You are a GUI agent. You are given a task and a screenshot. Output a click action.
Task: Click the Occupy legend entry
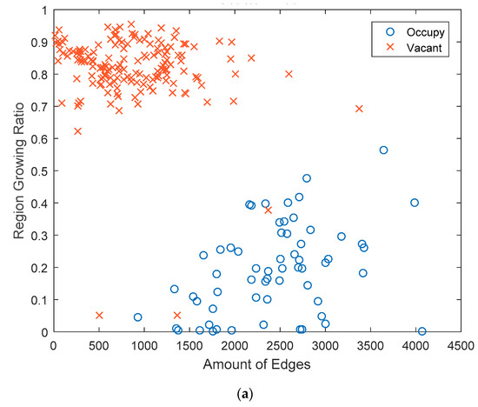point(415,32)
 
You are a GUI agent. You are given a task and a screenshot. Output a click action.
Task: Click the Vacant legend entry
point(414,48)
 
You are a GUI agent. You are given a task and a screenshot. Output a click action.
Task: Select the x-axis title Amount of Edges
point(256,364)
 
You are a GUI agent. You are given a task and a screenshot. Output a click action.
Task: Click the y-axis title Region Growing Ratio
point(18,170)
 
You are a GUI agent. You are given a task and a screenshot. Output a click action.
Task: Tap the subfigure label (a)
point(245,394)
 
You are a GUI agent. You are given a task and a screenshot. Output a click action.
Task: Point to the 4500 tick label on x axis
point(461,346)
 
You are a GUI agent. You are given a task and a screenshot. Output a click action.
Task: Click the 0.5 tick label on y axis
point(39,171)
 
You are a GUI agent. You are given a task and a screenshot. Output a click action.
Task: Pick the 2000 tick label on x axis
point(235,346)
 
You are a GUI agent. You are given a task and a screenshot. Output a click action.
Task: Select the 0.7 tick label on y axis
point(39,107)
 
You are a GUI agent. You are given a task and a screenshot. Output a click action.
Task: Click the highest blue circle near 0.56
point(383,150)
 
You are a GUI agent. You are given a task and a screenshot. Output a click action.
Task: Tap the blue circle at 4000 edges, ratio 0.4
point(415,203)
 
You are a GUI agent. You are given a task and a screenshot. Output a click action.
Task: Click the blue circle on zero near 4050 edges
point(422,331)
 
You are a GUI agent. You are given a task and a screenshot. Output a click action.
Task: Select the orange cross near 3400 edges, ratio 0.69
point(359,109)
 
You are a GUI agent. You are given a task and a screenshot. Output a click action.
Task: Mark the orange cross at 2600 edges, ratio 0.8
point(289,74)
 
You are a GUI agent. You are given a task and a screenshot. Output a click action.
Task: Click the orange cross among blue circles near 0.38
point(268,210)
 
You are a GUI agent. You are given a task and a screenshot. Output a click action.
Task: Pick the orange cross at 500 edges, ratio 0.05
point(99,315)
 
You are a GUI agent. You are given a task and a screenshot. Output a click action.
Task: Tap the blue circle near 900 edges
point(138,317)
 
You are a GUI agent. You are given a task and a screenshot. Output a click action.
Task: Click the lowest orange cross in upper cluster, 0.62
point(77,131)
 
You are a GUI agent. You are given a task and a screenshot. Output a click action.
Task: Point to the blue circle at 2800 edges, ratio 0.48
point(307,178)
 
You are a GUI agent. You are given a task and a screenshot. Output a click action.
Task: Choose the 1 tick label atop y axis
point(45,10)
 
